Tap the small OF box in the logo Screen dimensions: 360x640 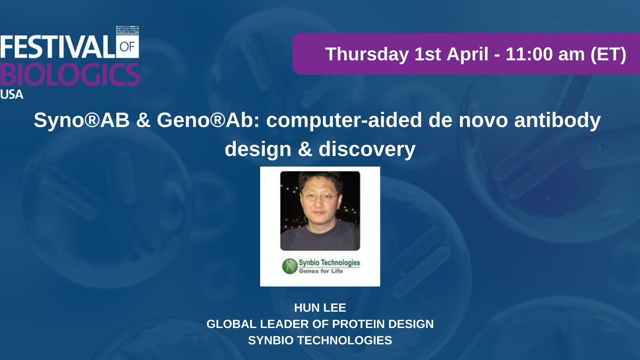pos(127,46)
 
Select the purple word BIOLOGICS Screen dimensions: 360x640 pos(70,75)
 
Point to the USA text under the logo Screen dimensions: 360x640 pos(12,94)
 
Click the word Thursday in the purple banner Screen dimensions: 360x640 pos(367,54)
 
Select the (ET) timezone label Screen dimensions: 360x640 pos(608,54)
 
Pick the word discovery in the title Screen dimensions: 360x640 pos(367,149)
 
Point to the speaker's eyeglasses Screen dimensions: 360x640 pos(319,197)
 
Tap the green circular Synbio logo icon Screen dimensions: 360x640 pos(290,266)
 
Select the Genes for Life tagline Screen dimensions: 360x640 pos(321,271)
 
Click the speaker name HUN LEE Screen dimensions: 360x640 pos(320,308)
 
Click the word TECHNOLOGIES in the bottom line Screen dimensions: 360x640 pos(345,340)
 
